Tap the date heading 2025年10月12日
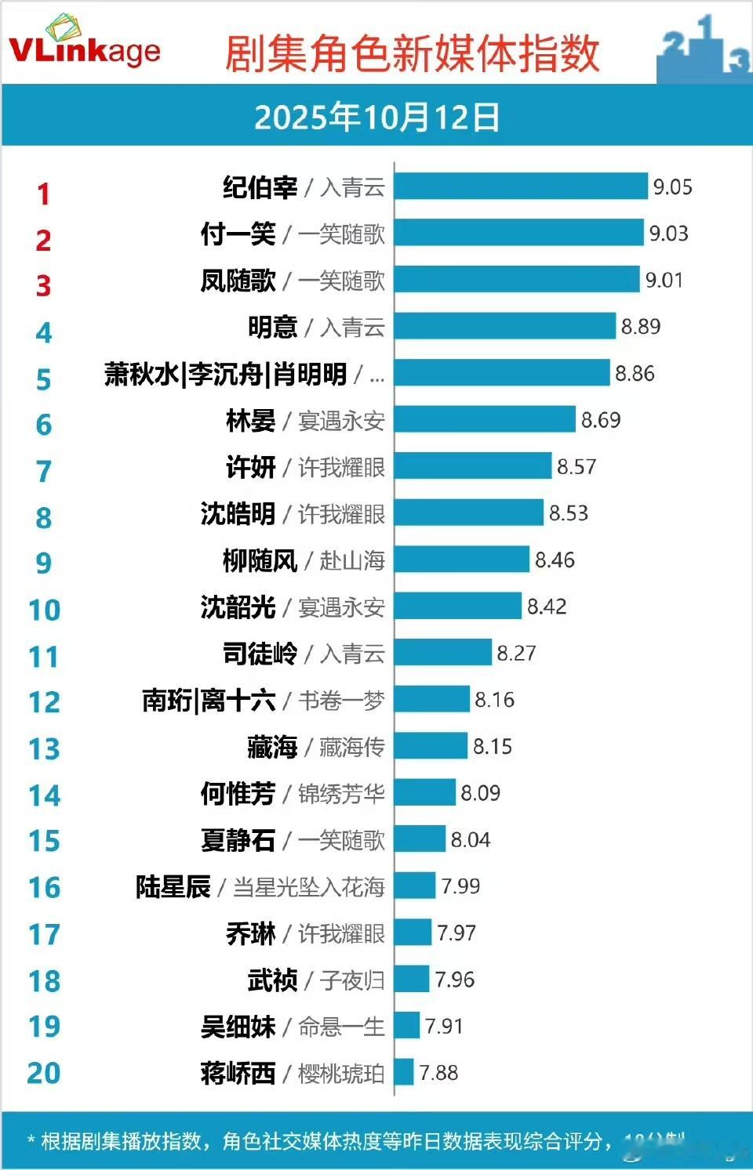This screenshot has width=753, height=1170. pos(376,118)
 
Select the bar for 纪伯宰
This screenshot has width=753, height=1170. pos(521,187)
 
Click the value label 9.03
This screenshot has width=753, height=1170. pos(668,234)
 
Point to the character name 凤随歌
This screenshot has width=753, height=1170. pos(238,281)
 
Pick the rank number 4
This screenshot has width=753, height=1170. pos(44,333)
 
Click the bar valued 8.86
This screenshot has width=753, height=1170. pos(502,373)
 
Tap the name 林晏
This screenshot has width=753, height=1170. pos(250,421)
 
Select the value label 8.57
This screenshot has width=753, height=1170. pos(577,467)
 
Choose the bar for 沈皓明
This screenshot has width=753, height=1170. pos(468,513)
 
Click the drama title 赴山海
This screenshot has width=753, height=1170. pos(352,560)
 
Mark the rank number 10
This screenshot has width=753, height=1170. pos(44,610)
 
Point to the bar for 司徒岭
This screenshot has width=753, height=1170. pos(443,653)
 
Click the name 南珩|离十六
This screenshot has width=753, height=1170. pos(209,700)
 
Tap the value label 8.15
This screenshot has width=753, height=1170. pos(493,747)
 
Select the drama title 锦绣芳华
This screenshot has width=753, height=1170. pos(341,794)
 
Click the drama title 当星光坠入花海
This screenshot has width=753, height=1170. pos(308,887)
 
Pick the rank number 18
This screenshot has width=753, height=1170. pos(44,981)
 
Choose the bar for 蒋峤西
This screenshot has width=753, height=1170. pos(404,1072)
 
